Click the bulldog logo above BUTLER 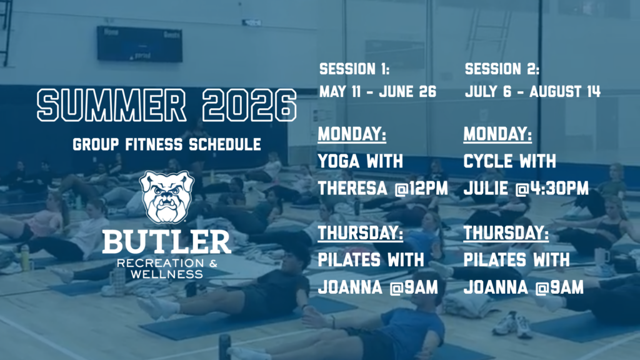tap(166, 197)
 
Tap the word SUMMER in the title tap(111, 105)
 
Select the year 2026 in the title tap(249, 105)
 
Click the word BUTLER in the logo tap(166, 241)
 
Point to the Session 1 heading tap(354, 69)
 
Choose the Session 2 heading tap(502, 69)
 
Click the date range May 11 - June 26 tap(377, 91)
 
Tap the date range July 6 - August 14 tap(532, 91)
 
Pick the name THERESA tap(352, 189)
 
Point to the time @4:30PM tap(552, 189)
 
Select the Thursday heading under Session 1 tap(361, 233)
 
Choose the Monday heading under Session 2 tap(497, 134)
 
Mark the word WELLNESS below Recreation tap(166, 274)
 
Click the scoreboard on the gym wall tap(139, 44)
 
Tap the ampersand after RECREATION tap(213, 263)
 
